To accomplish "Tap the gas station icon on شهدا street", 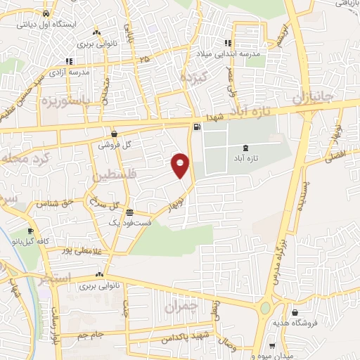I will (196, 127).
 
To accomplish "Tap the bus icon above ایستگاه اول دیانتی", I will (46, 13).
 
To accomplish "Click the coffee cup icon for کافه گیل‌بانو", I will (30, 231).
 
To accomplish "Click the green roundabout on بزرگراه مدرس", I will (265, 308).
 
